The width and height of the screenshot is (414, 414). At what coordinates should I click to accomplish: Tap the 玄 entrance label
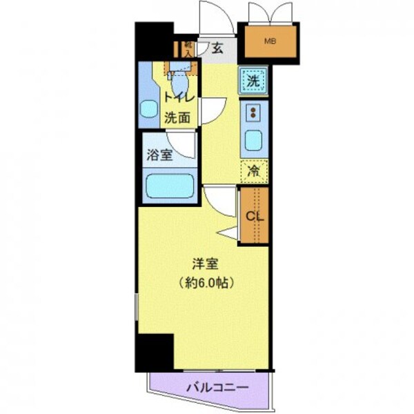217,48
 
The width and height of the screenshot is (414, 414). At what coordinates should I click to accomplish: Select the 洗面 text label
177,117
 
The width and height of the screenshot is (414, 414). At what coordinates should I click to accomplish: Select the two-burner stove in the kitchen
253,112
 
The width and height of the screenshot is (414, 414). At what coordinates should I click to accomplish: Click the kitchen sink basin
253,140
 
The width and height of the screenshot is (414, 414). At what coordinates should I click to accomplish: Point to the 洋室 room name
204,263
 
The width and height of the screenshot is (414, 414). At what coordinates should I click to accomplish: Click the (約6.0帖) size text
204,282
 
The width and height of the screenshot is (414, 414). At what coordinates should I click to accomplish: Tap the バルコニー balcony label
216,388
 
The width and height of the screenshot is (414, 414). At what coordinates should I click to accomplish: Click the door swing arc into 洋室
215,200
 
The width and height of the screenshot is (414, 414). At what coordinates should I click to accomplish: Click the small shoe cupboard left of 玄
186,48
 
